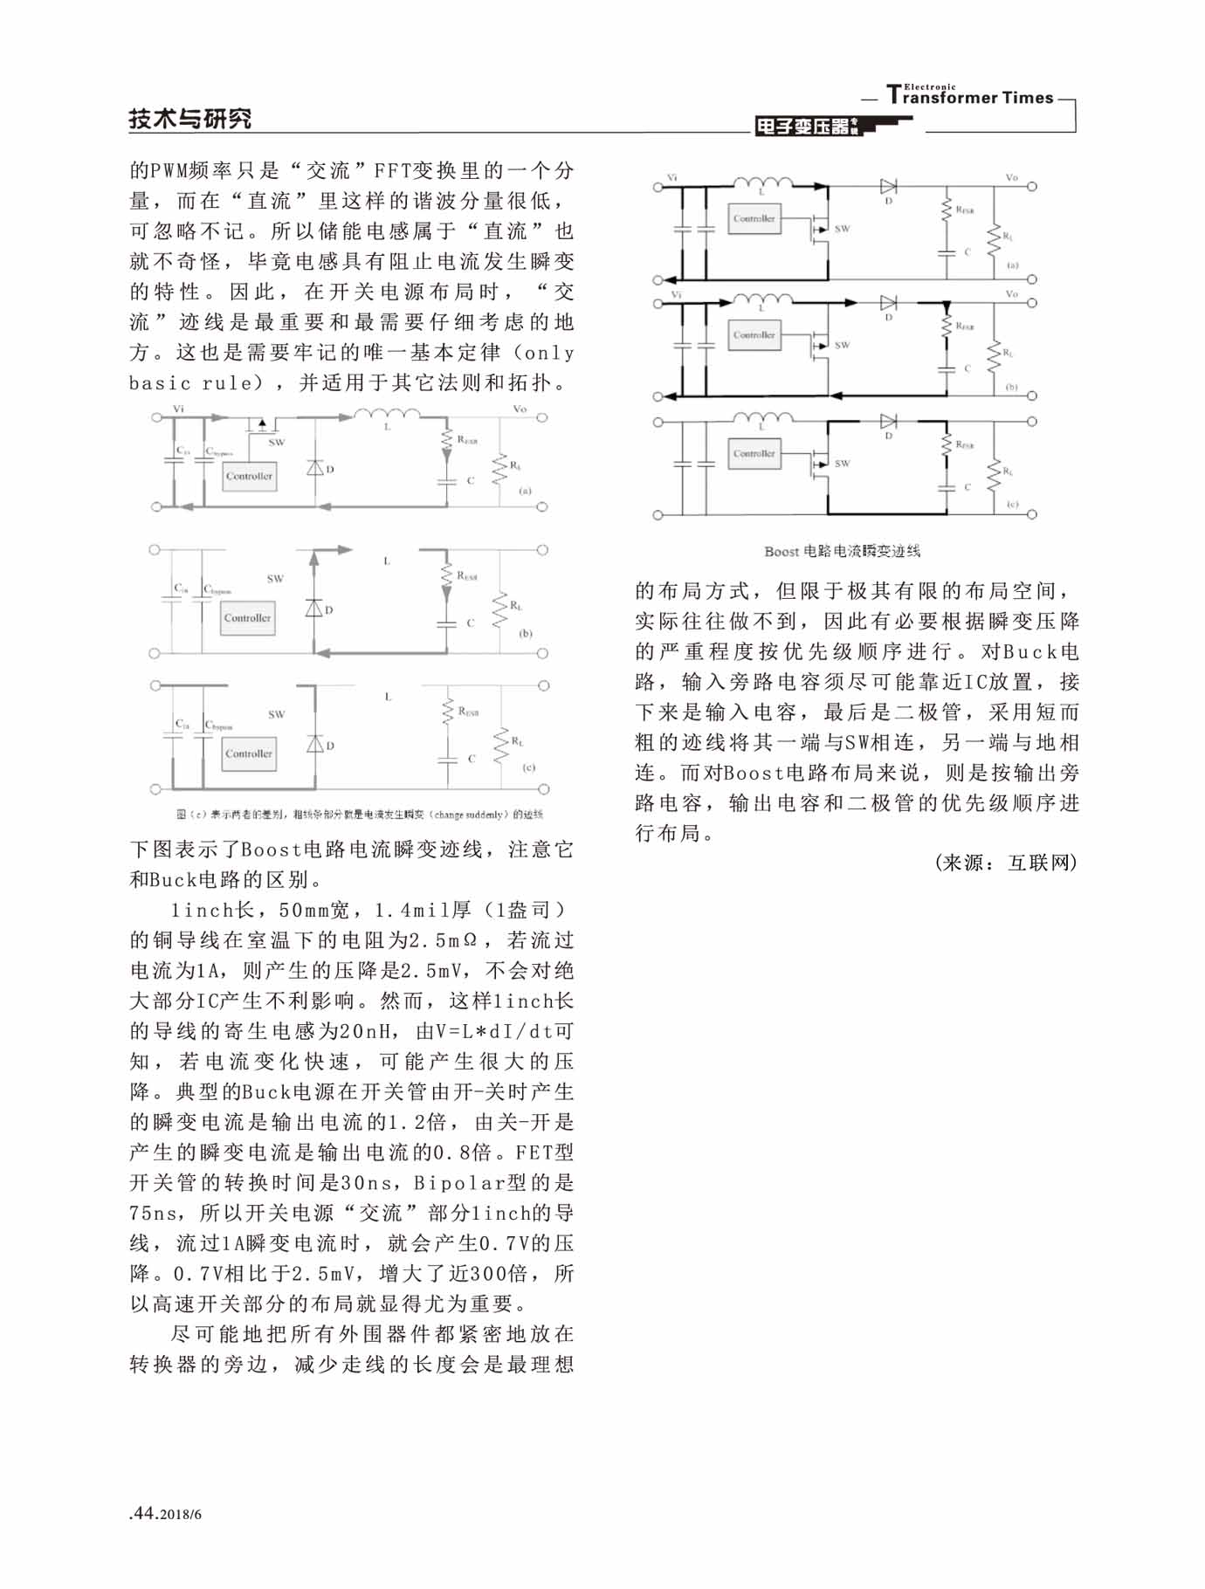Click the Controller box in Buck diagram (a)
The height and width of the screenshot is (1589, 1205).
249,476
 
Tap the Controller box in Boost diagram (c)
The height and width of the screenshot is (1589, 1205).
754,453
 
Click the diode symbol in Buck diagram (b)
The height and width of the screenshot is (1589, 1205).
314,608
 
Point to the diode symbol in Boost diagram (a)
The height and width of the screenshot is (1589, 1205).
889,186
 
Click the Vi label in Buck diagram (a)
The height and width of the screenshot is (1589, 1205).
178,408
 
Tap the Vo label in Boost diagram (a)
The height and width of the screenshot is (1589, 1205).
1011,177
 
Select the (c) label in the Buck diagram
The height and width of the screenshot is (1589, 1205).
528,767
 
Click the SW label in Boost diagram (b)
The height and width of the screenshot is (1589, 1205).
842,345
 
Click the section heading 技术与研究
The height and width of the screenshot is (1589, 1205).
189,119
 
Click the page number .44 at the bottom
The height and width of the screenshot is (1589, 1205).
141,1513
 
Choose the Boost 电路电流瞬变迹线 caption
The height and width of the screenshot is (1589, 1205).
842,551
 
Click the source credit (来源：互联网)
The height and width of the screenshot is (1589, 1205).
1005,863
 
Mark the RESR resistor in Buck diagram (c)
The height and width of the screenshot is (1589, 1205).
447,712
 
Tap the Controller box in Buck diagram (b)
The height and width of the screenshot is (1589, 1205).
247,617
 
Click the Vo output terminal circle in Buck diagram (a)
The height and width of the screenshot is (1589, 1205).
541,418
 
